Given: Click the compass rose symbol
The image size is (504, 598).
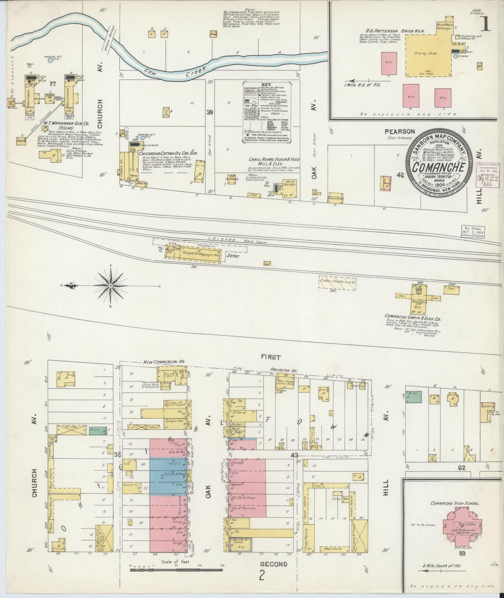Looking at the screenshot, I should tap(111, 286).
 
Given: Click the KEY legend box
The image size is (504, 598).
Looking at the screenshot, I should tap(266, 112).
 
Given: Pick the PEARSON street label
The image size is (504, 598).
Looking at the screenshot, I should tap(400, 132).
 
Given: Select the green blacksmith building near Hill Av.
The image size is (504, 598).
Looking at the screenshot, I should tap(414, 396).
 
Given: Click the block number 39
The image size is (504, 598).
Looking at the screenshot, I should tap(209, 112).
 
